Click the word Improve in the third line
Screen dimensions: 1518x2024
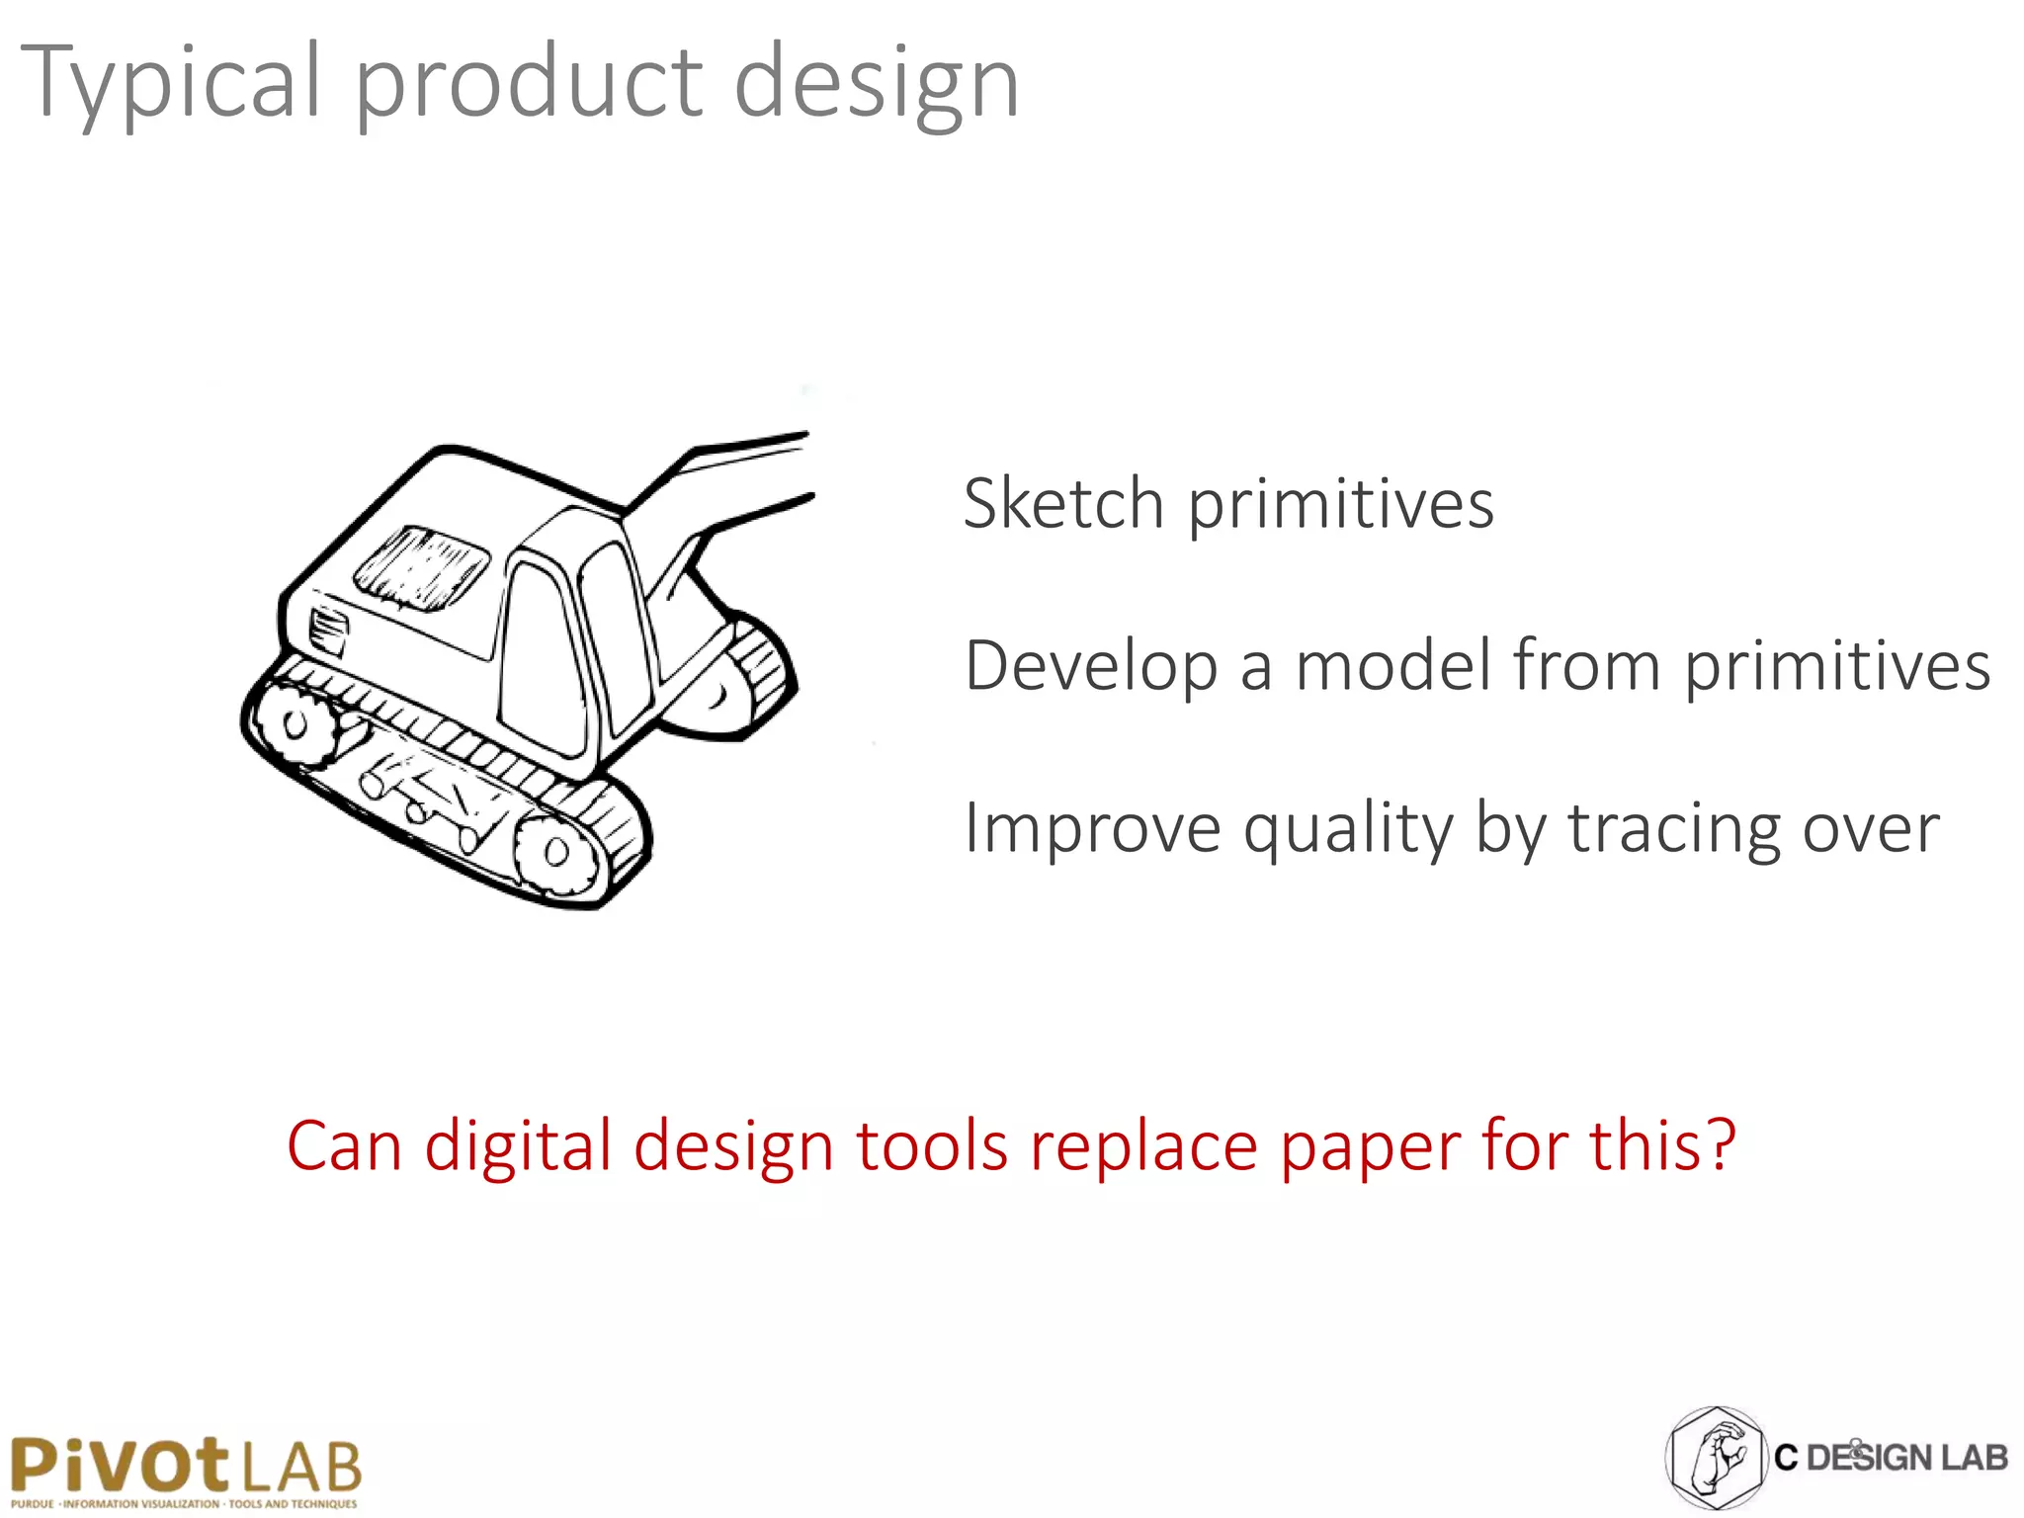coord(1092,828)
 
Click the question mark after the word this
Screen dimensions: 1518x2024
coord(1721,1144)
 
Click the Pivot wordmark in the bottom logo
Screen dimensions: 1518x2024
coord(119,1465)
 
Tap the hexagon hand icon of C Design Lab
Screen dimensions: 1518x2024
coord(1716,1457)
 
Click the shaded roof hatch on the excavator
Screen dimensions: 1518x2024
coord(421,565)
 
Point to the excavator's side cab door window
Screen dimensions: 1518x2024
coord(540,657)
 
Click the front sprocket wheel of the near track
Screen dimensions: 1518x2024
coord(554,852)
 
